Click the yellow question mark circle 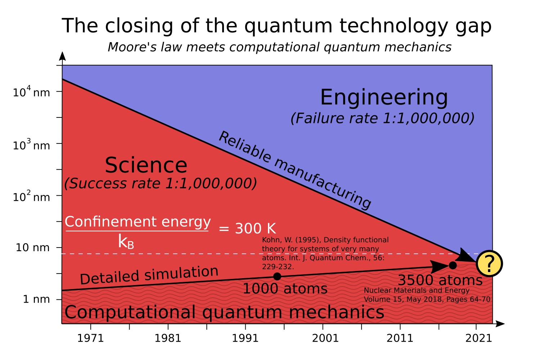(x=489, y=263)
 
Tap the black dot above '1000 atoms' (x=277, y=276)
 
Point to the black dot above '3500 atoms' (x=453, y=265)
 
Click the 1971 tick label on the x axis (x=90, y=338)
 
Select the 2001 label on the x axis (x=325, y=338)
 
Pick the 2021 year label (x=479, y=338)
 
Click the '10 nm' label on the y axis (x=33, y=248)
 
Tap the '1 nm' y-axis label (x=36, y=299)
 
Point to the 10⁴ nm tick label (x=31, y=92)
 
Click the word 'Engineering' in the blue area (x=384, y=97)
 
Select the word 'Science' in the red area (x=146, y=165)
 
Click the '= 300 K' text (x=247, y=228)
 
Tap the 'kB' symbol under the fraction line (x=126, y=241)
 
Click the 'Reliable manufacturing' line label (x=295, y=170)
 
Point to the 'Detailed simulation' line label (x=149, y=275)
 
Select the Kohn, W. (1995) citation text (x=325, y=253)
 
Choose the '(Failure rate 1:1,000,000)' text (x=382, y=118)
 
